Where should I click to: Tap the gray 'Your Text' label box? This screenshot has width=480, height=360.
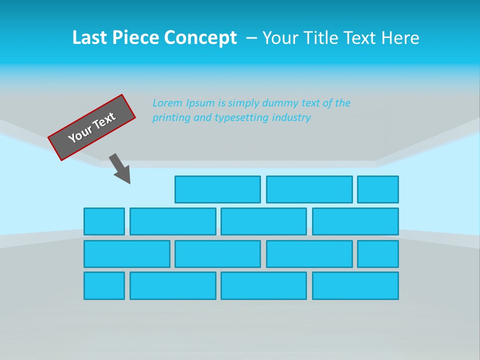pyautogui.click(x=92, y=127)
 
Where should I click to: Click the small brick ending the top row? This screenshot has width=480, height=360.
pyautogui.click(x=378, y=189)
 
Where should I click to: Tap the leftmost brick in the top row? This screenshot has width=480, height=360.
pyautogui.click(x=217, y=189)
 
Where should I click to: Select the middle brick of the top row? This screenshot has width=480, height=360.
pyautogui.click(x=309, y=189)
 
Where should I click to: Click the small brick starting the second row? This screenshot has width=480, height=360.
pyautogui.click(x=104, y=221)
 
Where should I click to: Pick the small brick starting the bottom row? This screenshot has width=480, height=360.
pyautogui.click(x=104, y=285)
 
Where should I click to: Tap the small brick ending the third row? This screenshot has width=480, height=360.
pyautogui.click(x=378, y=254)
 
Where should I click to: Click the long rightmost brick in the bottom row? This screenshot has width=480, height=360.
pyautogui.click(x=355, y=285)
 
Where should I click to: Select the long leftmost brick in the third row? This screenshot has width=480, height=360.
pyautogui.click(x=127, y=254)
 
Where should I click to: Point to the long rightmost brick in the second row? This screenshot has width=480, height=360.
pyautogui.click(x=355, y=221)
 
